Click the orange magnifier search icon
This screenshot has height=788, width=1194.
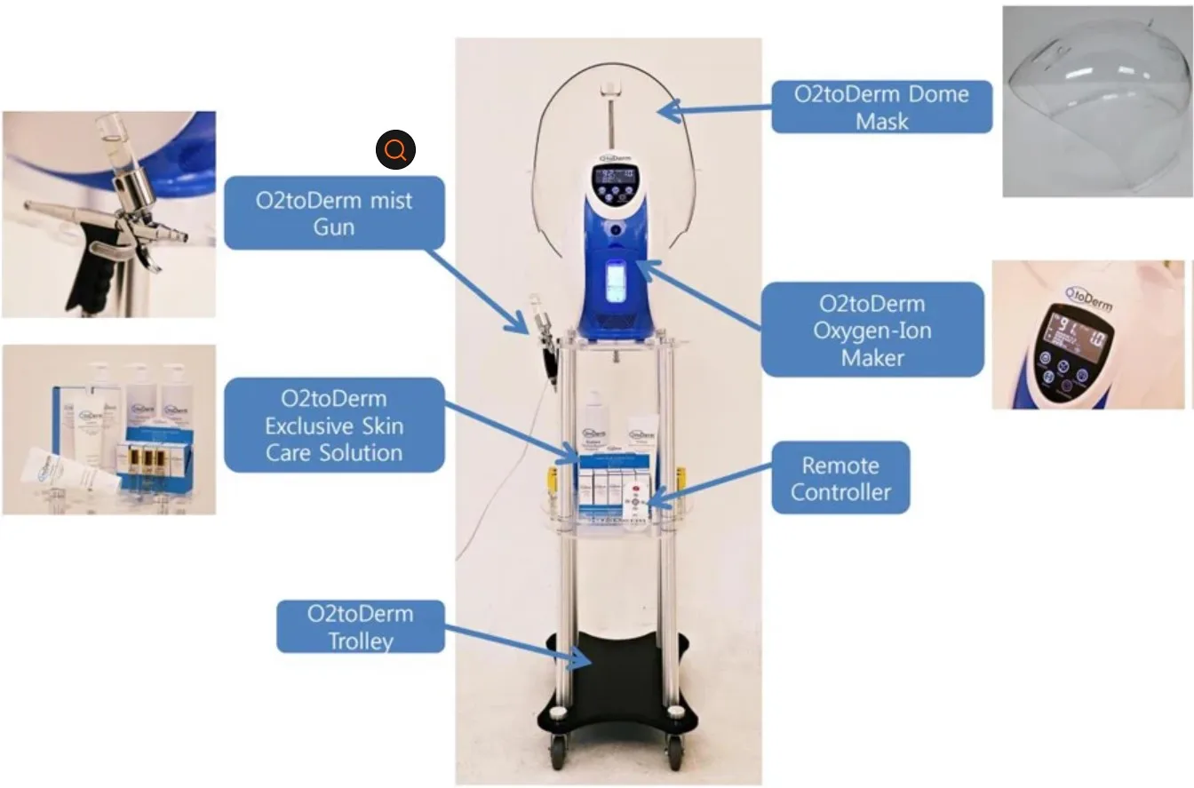(395, 150)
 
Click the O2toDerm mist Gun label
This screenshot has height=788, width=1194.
(334, 213)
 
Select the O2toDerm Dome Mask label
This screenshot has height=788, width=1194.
(881, 107)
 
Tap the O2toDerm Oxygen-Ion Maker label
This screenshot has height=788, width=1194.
(872, 330)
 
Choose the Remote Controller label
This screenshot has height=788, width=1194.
(840, 478)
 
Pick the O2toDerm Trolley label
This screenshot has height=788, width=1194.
(361, 626)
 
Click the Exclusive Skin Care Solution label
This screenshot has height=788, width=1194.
(334, 426)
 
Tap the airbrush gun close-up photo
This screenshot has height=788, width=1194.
(108, 214)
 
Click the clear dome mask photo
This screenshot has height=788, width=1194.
(1096, 101)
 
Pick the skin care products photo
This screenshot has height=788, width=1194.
(108, 430)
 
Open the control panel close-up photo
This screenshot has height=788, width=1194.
(1087, 335)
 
